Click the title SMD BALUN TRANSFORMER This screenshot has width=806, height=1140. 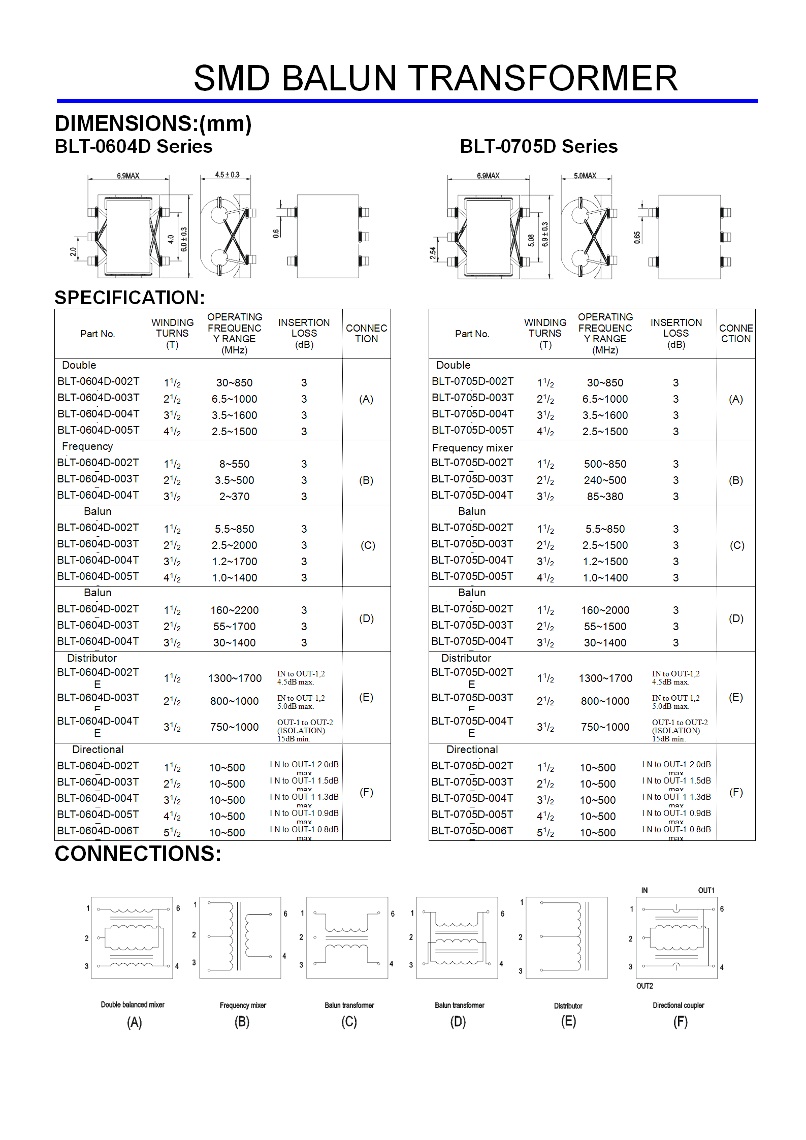point(435,78)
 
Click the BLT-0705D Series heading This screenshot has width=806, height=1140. point(538,146)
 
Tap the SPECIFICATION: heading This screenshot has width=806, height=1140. point(130,298)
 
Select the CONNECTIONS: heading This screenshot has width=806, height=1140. point(138,854)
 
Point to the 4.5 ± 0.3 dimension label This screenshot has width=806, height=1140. point(227,175)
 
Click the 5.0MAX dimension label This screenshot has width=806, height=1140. point(585,176)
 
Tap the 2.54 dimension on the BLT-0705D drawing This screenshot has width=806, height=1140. point(433,253)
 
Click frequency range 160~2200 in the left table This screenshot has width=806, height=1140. point(235,610)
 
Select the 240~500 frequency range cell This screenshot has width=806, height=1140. point(605,480)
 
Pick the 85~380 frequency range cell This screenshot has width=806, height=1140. point(605,496)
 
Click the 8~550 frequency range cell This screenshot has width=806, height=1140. point(234,464)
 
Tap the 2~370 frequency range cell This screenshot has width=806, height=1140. point(234,496)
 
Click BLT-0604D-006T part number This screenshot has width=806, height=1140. point(98,830)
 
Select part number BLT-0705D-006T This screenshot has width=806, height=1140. point(472,830)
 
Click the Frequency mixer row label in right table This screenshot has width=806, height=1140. point(472,448)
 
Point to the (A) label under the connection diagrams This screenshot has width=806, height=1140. point(134,1022)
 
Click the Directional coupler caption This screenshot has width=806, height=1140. point(678,1005)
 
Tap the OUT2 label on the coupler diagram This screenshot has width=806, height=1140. point(644,986)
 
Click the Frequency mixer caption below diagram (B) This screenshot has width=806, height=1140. point(243,1005)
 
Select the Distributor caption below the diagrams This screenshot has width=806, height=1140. point(568,1006)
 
